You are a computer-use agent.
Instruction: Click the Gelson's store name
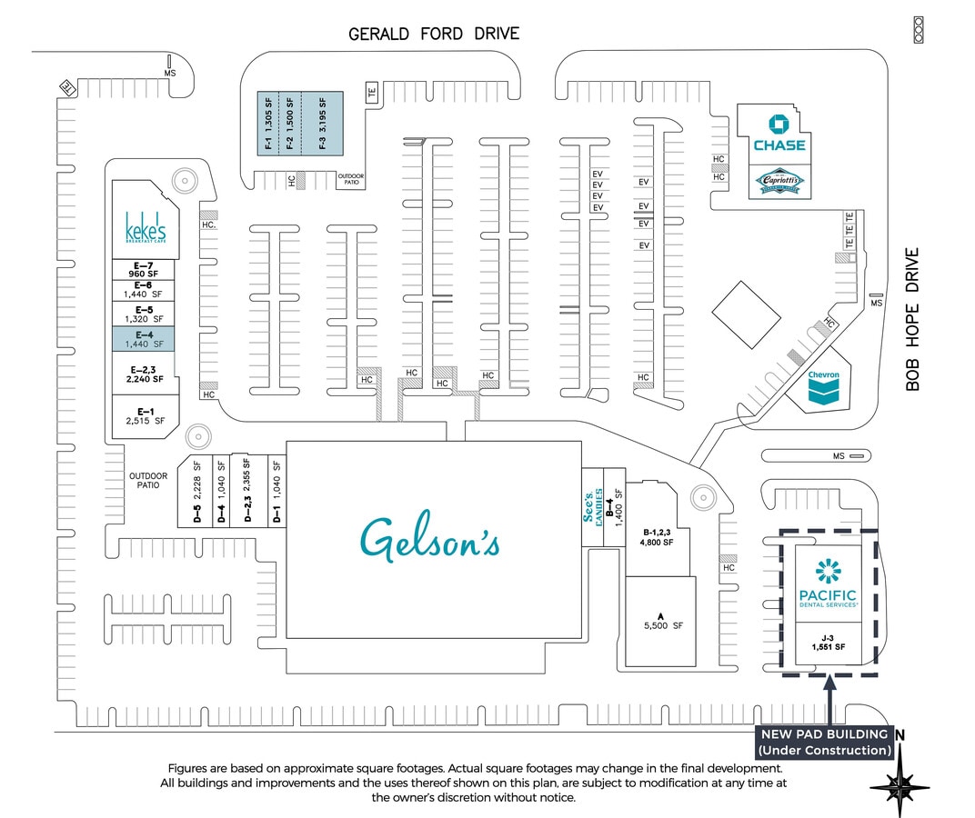[430, 538]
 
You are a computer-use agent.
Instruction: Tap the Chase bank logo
[779, 134]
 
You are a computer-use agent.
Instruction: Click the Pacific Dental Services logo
[828, 583]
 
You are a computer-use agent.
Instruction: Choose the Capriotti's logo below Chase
[779, 182]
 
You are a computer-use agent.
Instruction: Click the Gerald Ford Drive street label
[434, 34]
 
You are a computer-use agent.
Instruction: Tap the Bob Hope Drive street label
[913, 319]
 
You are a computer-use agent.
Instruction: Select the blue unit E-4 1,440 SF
[143, 340]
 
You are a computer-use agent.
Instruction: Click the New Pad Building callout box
[824, 742]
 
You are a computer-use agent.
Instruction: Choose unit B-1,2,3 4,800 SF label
[658, 536]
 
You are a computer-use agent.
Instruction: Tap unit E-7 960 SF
[143, 269]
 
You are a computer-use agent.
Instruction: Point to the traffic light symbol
[918, 29]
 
